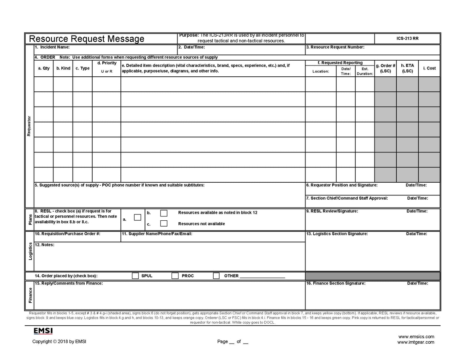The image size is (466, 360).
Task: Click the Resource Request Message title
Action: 87,39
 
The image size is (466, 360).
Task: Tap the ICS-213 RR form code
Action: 407,38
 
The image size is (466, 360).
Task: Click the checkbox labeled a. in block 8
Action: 138,217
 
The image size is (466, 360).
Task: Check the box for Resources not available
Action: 164,224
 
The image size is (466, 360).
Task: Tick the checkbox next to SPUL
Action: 135,276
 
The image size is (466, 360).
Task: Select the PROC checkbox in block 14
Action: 175,276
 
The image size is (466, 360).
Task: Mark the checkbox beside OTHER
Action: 216,276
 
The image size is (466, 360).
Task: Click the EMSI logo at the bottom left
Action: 43,331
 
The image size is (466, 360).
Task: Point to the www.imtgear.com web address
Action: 415,342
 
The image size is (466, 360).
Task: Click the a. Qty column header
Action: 44,68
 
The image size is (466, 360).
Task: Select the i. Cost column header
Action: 429,68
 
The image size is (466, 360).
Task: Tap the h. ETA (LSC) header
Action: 407,68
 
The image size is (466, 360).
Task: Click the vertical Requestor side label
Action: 29,126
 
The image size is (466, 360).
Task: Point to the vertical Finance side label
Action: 30,295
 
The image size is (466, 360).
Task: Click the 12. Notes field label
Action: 45,245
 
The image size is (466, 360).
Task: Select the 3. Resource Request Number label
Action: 335,47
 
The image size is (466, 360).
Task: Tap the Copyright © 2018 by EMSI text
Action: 59,342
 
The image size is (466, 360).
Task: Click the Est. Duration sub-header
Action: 365,71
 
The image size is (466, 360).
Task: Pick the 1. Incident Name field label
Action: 52,47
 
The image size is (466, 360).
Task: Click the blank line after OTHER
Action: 262,276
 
